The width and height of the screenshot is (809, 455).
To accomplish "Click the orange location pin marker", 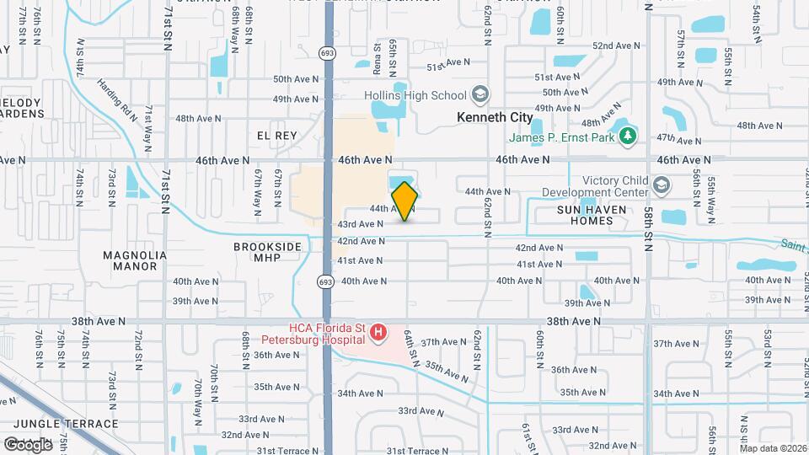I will tap(404, 201).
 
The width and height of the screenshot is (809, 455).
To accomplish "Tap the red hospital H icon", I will tap(378, 335).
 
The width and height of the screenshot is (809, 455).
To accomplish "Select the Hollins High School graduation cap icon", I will tap(480, 94).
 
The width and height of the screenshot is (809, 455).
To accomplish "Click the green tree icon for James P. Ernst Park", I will tap(626, 135).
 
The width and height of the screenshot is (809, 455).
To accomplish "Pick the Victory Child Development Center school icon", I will tap(662, 185).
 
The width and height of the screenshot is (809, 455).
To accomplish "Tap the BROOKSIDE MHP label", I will tap(268, 253).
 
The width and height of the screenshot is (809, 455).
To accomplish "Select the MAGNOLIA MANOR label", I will tap(130, 260).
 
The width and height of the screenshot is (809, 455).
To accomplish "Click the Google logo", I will tap(28, 443).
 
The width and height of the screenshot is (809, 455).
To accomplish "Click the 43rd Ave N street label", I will tap(361, 224).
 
